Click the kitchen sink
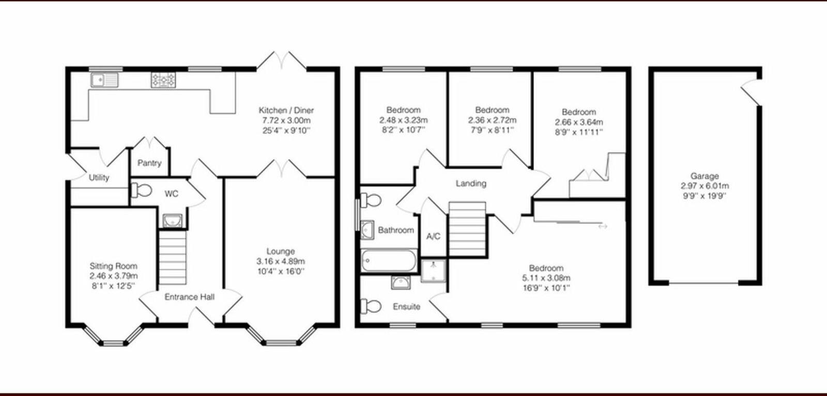point(104,80)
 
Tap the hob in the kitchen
point(163,80)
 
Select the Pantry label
point(149,163)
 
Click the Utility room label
point(99,177)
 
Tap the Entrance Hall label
point(189,297)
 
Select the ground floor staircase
point(172,257)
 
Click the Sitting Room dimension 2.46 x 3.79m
point(114,276)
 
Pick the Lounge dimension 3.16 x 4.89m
point(281,261)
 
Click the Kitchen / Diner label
point(286,110)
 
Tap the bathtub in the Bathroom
point(389,261)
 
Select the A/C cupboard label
point(433,236)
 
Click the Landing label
point(471,183)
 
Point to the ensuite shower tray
point(433,271)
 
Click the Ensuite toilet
point(371,306)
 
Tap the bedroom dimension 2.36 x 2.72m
point(492,120)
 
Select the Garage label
point(705,176)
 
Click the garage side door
point(751,92)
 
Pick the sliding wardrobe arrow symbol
point(603,226)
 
